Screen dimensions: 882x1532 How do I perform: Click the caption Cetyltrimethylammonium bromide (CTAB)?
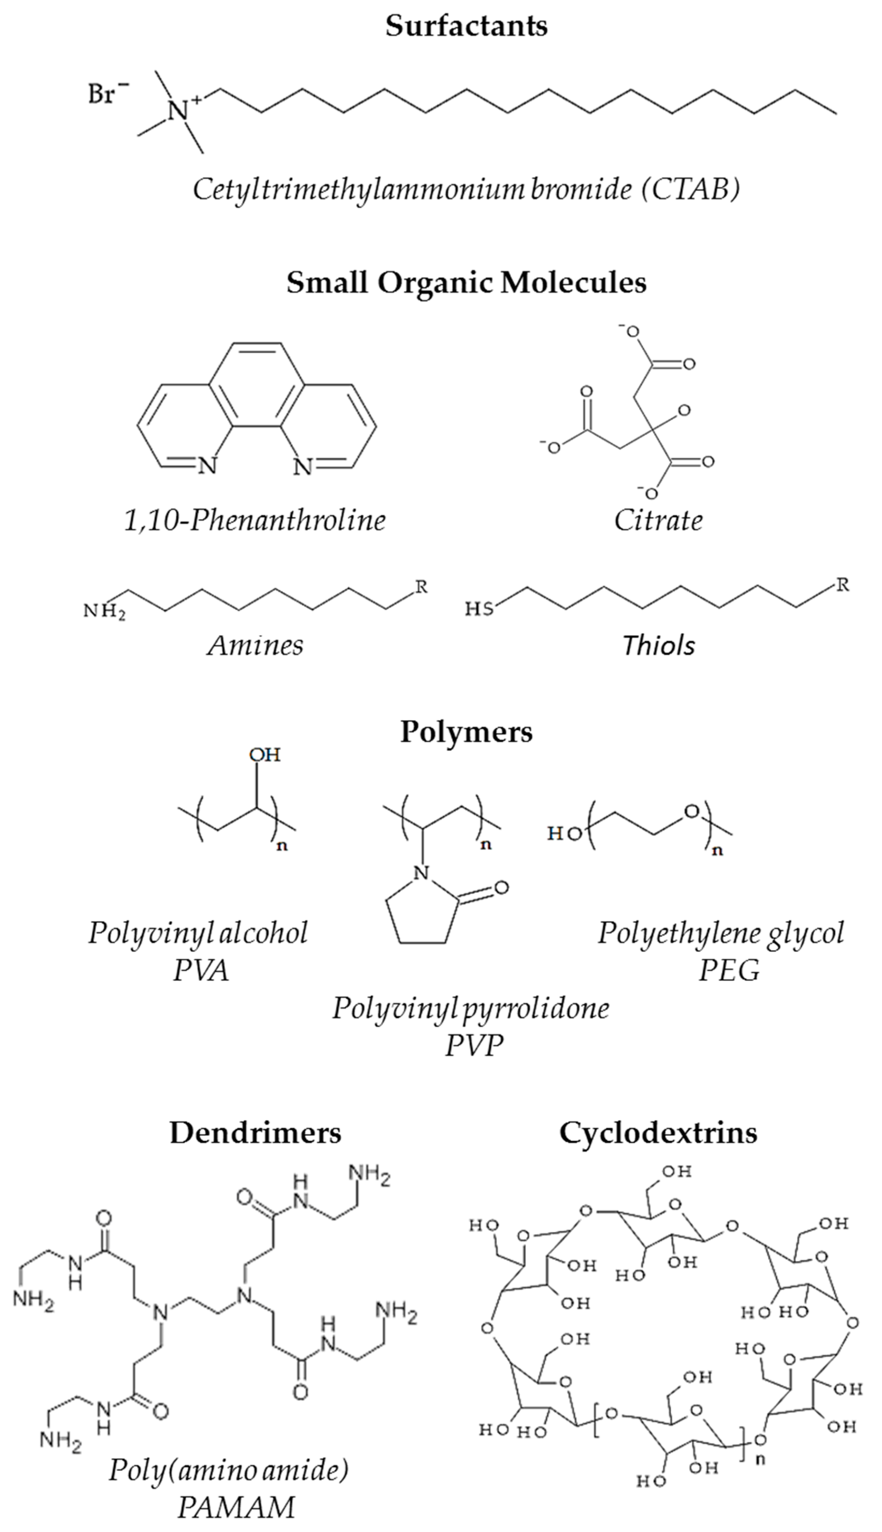click(x=467, y=190)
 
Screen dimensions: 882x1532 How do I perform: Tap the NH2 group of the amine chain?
click(x=104, y=613)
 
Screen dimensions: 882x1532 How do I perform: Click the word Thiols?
click(x=659, y=646)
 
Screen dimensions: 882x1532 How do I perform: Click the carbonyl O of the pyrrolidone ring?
click(x=500, y=888)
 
